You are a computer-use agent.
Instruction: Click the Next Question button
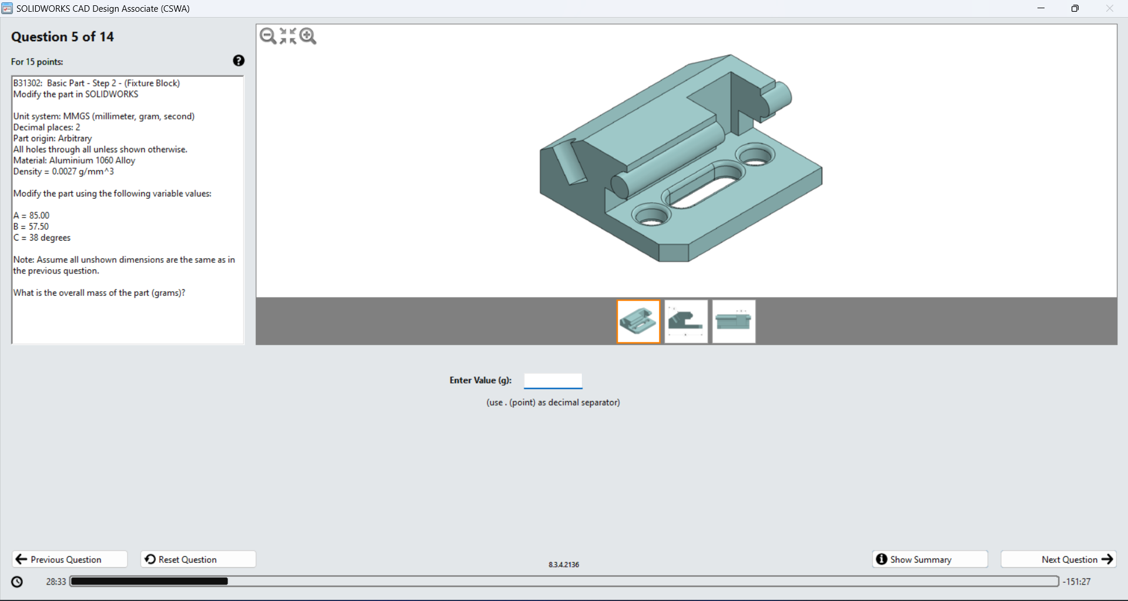coord(1058,559)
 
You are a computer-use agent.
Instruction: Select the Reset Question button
coord(198,559)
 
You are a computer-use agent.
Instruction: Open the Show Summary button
coord(929,559)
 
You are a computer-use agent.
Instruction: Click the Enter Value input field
coord(553,380)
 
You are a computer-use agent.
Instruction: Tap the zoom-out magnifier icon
coord(268,36)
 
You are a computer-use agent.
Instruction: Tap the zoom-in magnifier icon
coord(308,36)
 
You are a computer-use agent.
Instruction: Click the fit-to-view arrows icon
coord(288,36)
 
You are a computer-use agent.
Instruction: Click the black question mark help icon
coord(239,61)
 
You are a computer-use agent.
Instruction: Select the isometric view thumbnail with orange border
coord(638,322)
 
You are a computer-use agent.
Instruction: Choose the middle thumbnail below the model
coord(686,322)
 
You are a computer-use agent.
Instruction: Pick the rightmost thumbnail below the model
coord(734,322)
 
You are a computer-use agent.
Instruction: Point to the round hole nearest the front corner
coord(651,216)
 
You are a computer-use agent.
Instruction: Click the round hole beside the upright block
coord(755,156)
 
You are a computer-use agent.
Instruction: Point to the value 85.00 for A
coord(39,215)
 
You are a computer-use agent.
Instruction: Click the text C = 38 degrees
coord(42,238)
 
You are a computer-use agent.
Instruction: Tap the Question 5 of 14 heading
coord(62,37)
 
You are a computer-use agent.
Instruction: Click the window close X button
coord(1109,8)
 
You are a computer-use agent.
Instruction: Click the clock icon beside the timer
coord(17,582)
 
